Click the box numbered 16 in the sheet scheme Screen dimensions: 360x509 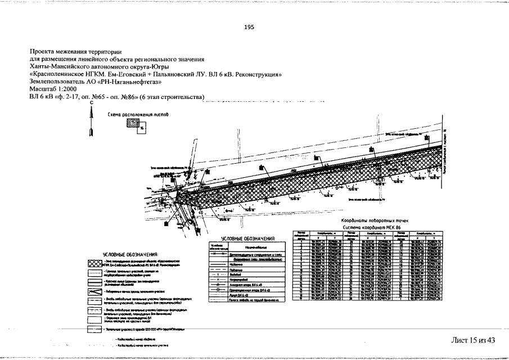(x=142, y=129)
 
